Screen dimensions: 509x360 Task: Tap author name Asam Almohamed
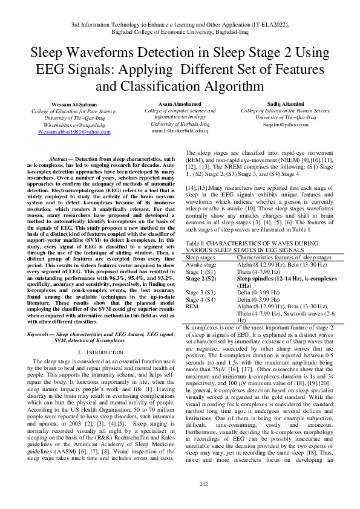tap(179, 105)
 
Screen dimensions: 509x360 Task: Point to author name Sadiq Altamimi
tap(286, 105)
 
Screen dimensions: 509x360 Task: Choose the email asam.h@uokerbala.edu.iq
tap(179, 131)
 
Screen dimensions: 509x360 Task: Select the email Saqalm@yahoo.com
tap(286, 124)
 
